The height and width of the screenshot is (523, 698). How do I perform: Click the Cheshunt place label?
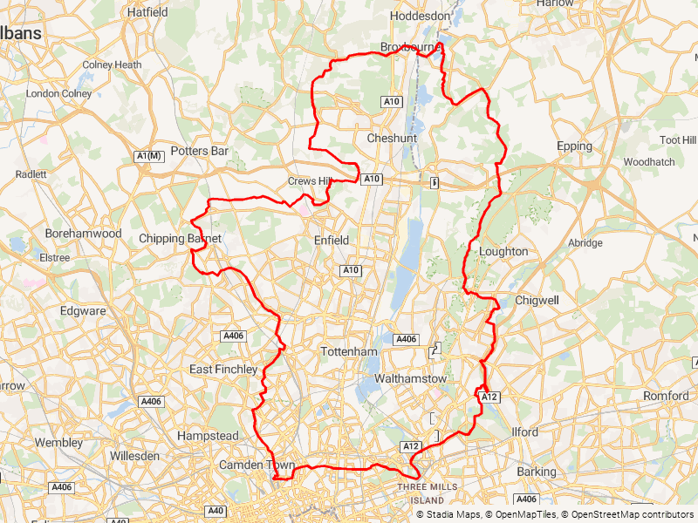point(392,139)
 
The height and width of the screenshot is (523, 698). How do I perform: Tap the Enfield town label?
point(332,240)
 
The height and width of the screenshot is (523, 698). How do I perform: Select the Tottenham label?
point(348,351)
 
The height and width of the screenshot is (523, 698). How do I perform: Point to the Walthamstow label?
point(410,379)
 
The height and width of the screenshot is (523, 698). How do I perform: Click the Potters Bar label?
point(200,151)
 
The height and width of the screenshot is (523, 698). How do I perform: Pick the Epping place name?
point(574,146)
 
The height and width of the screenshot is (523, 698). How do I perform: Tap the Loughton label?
point(503,251)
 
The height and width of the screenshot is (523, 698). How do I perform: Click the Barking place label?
point(536,472)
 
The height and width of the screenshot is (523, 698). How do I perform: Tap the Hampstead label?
point(208,435)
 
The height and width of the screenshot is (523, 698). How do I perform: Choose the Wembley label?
point(58,443)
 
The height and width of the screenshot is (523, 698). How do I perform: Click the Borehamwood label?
point(84,234)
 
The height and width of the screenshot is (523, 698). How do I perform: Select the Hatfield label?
point(147,12)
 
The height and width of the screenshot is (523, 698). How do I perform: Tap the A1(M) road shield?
point(149,156)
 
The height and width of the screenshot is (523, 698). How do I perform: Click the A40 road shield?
point(216,510)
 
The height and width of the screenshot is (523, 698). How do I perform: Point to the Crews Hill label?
point(311,181)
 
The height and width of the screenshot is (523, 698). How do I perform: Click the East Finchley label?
point(224,370)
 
